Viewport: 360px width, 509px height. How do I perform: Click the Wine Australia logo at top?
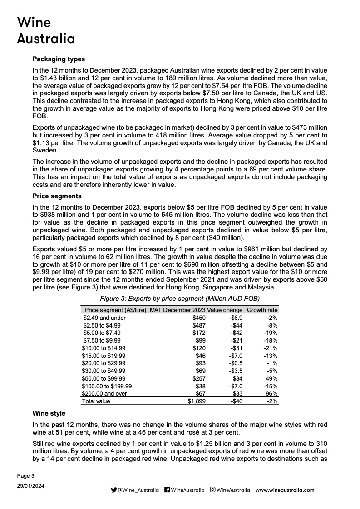(45, 30)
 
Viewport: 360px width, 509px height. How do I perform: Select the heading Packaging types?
(59, 59)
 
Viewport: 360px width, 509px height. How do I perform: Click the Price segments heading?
(57, 196)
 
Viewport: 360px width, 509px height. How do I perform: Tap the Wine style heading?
(49, 413)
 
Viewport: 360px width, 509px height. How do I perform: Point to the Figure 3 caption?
(180, 298)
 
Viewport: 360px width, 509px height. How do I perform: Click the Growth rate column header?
(262, 310)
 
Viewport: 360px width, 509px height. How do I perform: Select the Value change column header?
(225, 310)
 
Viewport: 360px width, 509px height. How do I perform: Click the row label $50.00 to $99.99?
(104, 378)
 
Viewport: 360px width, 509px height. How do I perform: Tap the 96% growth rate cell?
(271, 394)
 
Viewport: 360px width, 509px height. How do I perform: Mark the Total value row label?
(96, 401)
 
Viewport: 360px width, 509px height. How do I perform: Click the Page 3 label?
(25, 475)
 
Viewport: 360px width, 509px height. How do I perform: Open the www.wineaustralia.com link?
(285, 490)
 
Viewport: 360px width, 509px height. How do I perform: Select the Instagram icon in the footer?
(212, 490)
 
